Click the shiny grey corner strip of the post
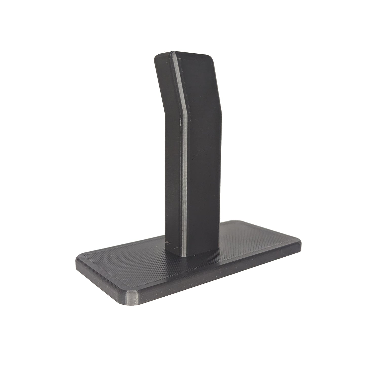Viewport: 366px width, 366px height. (184, 177)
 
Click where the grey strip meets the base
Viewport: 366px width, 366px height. (185, 255)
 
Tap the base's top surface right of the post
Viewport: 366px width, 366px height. (253, 241)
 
